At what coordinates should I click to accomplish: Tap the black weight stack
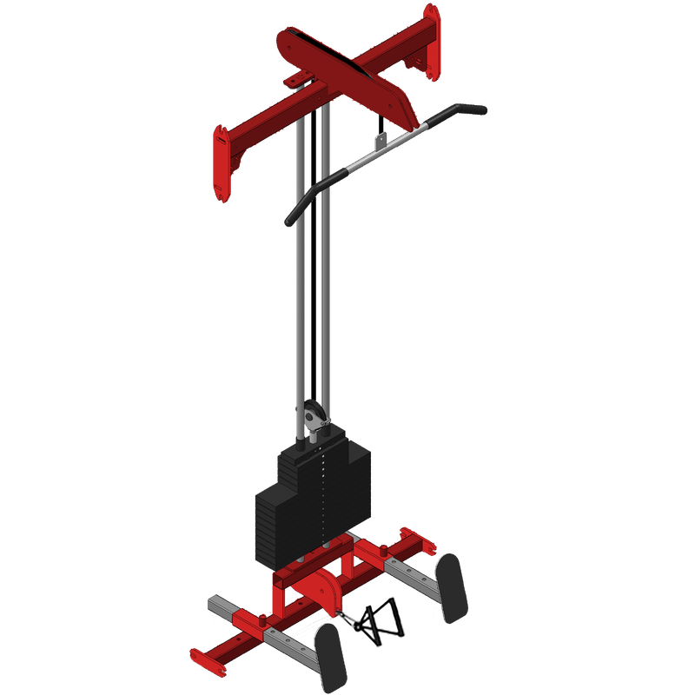[x=313, y=495]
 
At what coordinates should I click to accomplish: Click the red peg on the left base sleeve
[x=263, y=622]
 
